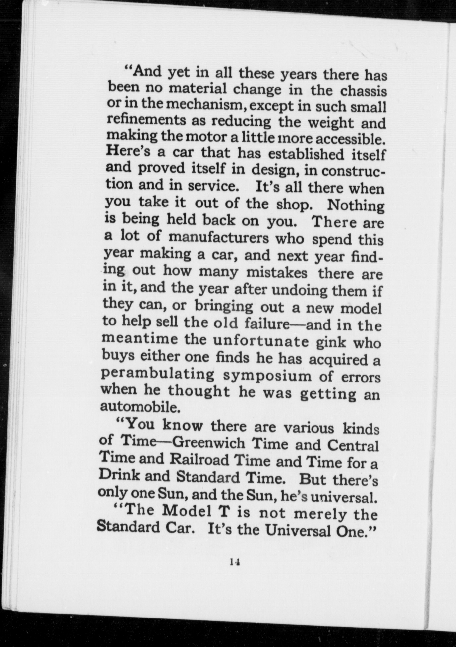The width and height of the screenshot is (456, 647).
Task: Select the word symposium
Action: (x=267, y=376)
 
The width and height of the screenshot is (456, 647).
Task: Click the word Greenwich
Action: (x=209, y=443)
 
